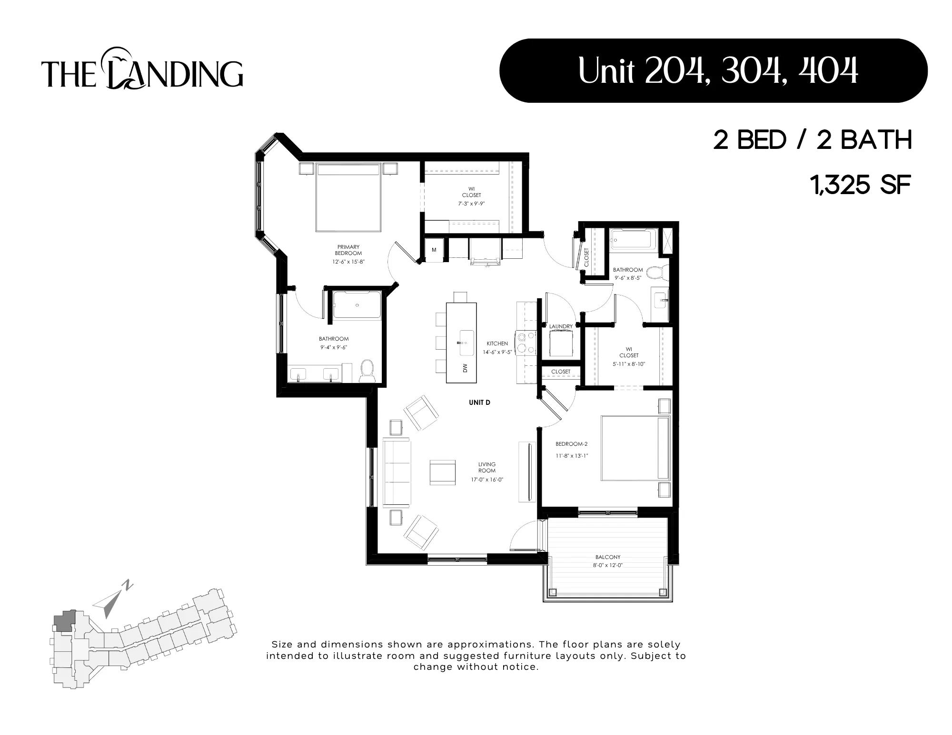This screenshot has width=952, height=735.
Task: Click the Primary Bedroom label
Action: point(348,250)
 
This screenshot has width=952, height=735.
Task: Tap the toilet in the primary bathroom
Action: point(367,371)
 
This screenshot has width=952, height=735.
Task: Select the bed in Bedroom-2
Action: point(635,448)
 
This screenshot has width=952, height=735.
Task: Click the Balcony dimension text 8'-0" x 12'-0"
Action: point(608,566)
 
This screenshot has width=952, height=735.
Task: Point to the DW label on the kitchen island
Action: point(465,368)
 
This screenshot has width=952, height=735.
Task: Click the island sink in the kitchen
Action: point(466,343)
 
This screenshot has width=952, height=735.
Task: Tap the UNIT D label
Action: point(479,402)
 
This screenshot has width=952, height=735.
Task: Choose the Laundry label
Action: point(561,326)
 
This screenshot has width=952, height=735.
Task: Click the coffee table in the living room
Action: point(443,472)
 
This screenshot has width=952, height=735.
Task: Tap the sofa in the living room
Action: point(397,472)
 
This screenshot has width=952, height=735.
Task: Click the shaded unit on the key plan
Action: point(63,621)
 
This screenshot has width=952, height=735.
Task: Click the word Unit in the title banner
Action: point(606,71)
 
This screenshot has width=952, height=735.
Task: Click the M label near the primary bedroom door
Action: point(434,250)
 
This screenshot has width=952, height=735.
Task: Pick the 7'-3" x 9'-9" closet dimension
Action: point(471,204)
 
